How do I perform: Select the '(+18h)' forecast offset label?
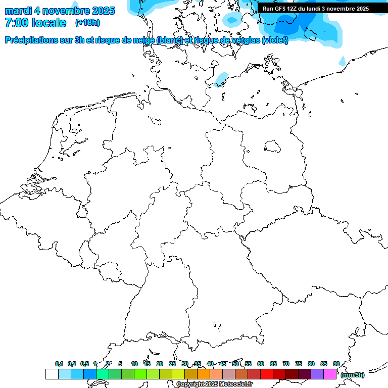tap(87, 23)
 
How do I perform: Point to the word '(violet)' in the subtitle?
tap(275, 40)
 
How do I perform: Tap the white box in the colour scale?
tap(52, 374)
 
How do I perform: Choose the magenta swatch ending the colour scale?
tap(330, 374)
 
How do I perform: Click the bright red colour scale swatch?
tap(267, 374)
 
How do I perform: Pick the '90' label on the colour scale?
tap(336, 364)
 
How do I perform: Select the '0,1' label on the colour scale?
tap(59, 364)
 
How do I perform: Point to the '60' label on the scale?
tap(261, 364)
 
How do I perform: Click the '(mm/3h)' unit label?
tap(353, 375)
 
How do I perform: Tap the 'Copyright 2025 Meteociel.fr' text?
tap(214, 384)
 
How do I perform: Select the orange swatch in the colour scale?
tap(204, 374)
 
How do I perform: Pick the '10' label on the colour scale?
tap(134, 364)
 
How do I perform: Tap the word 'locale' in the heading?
tap(48, 23)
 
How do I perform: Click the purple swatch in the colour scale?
tap(317, 374)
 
